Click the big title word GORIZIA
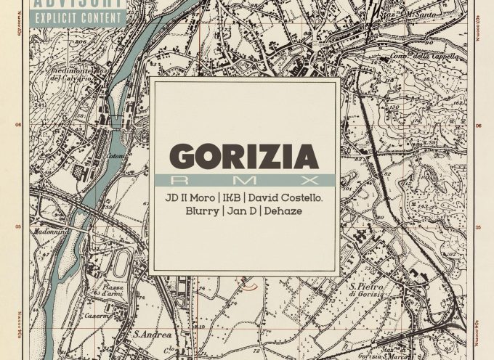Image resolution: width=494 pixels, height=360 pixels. (x=244, y=156)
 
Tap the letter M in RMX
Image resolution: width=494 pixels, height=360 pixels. (x=245, y=179)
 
